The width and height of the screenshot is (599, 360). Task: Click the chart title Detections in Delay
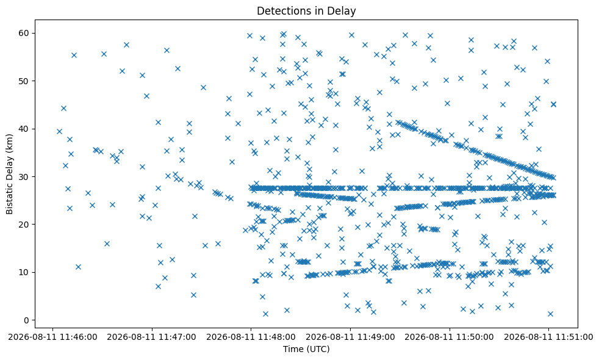point(306,11)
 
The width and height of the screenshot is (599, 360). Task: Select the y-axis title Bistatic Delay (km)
point(9,174)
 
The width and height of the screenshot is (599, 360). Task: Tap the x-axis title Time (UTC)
point(306,349)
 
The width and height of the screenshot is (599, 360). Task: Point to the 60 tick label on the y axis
point(24,33)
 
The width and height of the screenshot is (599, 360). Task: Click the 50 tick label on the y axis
point(24,81)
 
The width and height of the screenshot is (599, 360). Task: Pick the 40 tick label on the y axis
point(24,129)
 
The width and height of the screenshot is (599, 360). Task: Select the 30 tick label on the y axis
point(24,176)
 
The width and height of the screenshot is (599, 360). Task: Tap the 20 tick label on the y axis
point(24,225)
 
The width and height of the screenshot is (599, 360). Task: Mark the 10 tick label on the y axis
point(24,272)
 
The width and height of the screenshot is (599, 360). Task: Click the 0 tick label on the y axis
point(27,320)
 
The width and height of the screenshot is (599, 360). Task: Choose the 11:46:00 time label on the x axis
point(52,337)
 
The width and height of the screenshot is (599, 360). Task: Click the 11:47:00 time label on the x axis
point(152,337)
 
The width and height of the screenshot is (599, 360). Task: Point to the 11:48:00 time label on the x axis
point(251,337)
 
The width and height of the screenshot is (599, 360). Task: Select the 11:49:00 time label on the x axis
point(350,337)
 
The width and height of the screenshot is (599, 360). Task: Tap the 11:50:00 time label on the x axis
point(449,337)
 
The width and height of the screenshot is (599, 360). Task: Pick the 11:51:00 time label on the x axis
point(548,337)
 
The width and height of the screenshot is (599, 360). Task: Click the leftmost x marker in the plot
point(59,131)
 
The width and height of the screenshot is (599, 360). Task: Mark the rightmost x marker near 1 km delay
point(550,314)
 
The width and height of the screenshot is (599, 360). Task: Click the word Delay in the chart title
point(342,11)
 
